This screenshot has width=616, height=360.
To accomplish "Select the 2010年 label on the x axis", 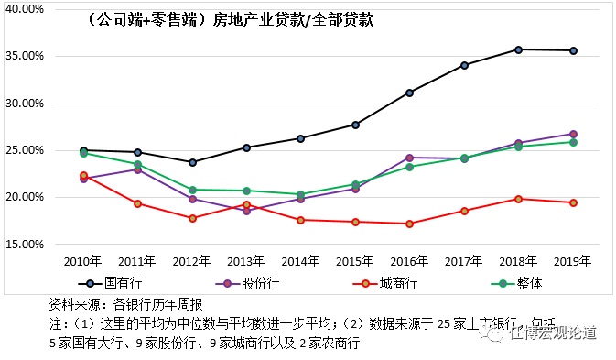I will (82, 261).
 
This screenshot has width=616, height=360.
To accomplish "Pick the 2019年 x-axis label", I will (573, 261).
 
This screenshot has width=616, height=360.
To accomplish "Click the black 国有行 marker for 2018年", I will (519, 49).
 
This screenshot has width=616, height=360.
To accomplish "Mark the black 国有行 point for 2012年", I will (192, 162).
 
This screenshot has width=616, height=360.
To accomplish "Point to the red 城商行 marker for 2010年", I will (83, 175).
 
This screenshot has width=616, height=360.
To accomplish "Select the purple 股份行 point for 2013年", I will (246, 211).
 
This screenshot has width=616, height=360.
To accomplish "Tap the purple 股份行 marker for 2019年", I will (573, 134).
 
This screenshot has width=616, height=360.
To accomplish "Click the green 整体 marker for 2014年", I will (301, 194).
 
